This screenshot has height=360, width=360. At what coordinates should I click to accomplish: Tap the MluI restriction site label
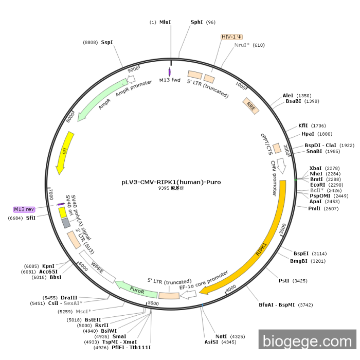[x=165, y=22]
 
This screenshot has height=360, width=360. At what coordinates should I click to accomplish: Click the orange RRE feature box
[x=250, y=105]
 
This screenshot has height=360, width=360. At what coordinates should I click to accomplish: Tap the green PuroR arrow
[x=136, y=290]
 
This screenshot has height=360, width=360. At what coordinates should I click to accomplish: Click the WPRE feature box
[x=98, y=266]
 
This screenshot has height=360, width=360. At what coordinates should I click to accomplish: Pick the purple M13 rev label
[x=24, y=209]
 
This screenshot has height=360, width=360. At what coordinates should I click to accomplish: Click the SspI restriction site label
[x=107, y=42]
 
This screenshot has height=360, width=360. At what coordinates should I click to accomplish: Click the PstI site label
[x=284, y=281]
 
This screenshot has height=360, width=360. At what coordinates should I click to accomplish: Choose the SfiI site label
[x=31, y=218]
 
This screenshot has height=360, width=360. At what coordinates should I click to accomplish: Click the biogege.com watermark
[x=307, y=341]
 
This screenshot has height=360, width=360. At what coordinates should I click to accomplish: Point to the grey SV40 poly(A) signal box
[x=66, y=223]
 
